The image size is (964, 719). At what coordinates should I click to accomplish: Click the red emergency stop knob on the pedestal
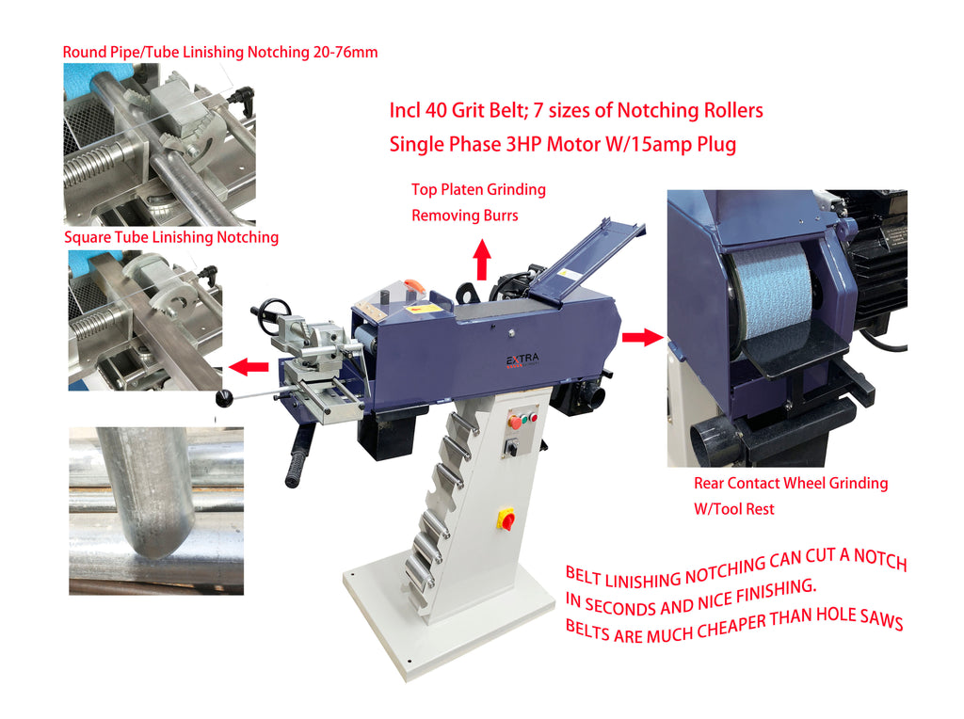tap(506, 519)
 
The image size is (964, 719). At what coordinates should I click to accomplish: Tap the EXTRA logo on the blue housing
tap(522, 360)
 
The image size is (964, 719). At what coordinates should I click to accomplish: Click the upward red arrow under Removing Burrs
tap(482, 260)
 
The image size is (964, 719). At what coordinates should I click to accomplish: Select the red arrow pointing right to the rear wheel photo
tap(643, 337)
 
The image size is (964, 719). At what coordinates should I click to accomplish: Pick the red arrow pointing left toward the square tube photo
tap(249, 367)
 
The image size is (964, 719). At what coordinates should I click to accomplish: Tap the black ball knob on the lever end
tap(225, 398)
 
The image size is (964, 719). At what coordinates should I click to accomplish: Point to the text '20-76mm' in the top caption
tap(345, 53)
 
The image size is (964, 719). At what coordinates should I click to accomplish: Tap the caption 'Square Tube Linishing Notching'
tap(171, 237)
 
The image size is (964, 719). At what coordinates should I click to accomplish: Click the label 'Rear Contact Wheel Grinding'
tap(791, 483)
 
